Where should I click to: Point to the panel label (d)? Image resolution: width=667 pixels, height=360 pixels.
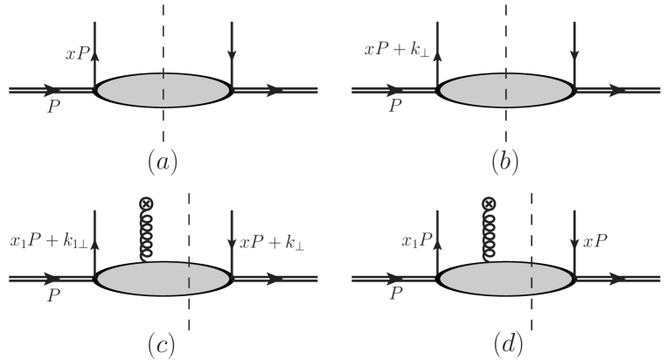(x=505, y=343)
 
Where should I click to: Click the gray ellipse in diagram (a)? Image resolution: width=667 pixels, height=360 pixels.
(x=163, y=90)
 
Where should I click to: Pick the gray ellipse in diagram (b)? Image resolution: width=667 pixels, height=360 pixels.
(x=505, y=90)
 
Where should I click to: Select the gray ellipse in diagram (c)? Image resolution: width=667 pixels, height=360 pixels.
(x=163, y=279)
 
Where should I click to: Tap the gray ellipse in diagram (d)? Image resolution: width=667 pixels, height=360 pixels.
(x=505, y=279)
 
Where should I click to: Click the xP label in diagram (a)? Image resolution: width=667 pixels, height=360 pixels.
(x=75, y=54)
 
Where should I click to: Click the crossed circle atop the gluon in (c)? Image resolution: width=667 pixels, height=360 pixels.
(x=145, y=204)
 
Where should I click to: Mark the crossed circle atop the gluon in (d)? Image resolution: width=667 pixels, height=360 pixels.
(x=488, y=204)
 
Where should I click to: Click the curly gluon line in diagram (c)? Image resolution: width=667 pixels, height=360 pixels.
(x=145, y=234)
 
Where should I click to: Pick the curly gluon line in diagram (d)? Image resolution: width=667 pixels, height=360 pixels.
(x=488, y=234)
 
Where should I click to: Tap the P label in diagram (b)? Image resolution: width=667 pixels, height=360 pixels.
(x=395, y=107)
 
